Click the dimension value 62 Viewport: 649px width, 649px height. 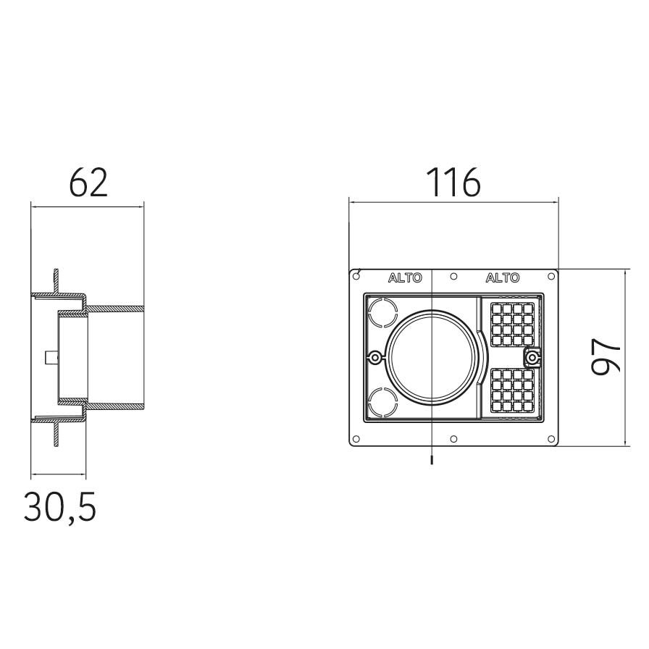88,182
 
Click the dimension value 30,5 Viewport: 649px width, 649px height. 60,508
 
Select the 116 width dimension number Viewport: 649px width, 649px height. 453,182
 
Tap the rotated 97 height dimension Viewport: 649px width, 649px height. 606,357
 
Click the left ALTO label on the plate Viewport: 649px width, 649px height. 405,277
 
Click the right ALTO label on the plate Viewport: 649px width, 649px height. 503,277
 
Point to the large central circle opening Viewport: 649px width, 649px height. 431,357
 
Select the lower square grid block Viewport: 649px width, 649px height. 512,390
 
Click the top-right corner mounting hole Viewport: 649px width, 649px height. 551,277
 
